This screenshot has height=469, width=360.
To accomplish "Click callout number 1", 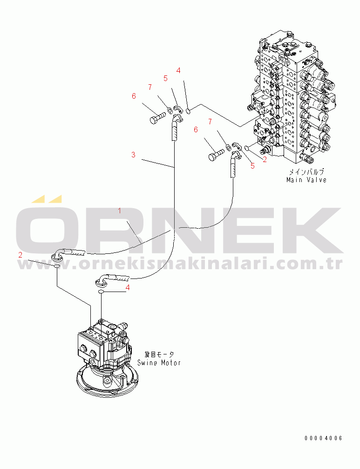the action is coord(120,211).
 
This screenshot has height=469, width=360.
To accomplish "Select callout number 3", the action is coord(133,155).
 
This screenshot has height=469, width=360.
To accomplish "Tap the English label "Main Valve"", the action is coord(306,180).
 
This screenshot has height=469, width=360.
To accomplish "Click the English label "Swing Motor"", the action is coord(159,363).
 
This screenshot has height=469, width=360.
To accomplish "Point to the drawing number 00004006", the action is coord(323,438).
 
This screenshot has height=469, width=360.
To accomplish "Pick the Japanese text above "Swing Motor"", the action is coord(159,354).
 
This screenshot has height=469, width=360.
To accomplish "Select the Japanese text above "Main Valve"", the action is coord(306,172).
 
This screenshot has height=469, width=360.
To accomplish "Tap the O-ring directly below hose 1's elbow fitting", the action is coord(57,266).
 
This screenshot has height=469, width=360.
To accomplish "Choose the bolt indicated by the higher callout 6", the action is coord(157,117).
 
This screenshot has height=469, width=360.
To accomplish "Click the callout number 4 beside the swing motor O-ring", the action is coord(128,287).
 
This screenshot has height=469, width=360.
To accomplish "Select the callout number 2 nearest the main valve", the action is coord(265,160).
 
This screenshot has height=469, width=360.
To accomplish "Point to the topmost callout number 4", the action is coord(178,71).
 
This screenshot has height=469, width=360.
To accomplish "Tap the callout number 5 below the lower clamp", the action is coord(253,166).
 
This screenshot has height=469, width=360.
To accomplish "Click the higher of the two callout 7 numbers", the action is coord(150,87).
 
